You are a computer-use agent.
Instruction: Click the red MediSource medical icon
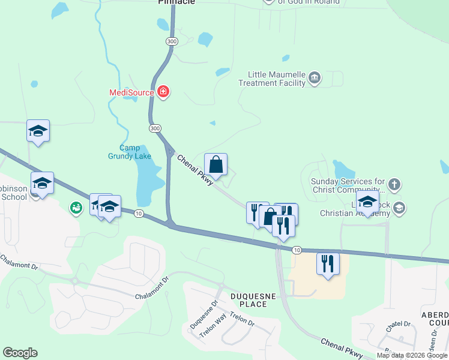(x=163, y=92)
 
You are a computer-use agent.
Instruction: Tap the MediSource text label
(x=132, y=92)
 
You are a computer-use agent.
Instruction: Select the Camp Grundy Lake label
(x=129, y=152)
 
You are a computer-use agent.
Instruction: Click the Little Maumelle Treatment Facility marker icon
(x=314, y=78)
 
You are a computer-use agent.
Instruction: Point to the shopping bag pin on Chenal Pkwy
(x=215, y=164)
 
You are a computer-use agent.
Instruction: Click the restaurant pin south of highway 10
(x=328, y=263)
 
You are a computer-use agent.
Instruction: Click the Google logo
(x=20, y=353)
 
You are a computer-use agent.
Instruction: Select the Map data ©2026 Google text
(x=412, y=355)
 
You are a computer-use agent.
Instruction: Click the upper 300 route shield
(x=172, y=41)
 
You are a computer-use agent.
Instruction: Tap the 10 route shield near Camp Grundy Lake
(x=139, y=214)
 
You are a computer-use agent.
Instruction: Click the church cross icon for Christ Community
(x=394, y=184)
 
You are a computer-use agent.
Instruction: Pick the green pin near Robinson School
(x=76, y=208)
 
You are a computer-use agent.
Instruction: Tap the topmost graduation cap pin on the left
(x=38, y=131)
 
